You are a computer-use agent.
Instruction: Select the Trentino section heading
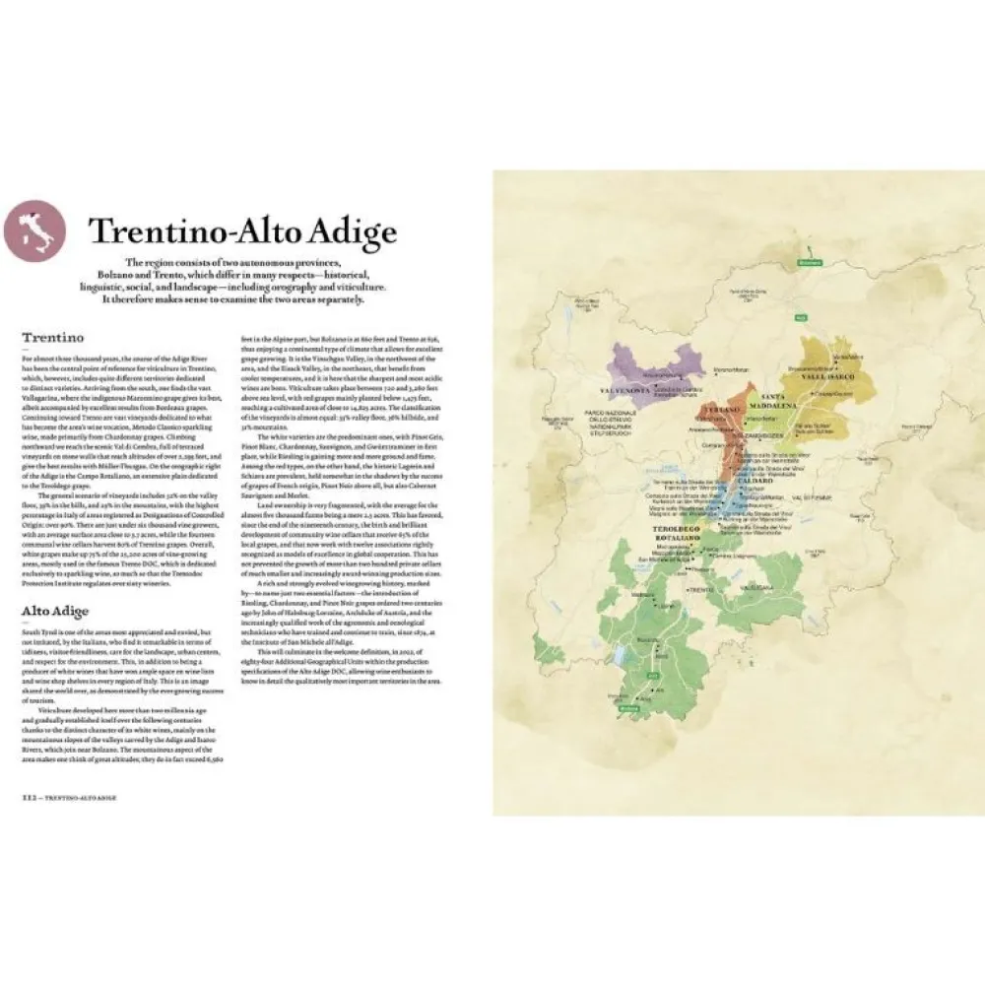pos(52,336)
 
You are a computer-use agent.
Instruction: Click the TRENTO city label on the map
pos(700,589)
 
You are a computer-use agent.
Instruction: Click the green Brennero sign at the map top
pos(810,265)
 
